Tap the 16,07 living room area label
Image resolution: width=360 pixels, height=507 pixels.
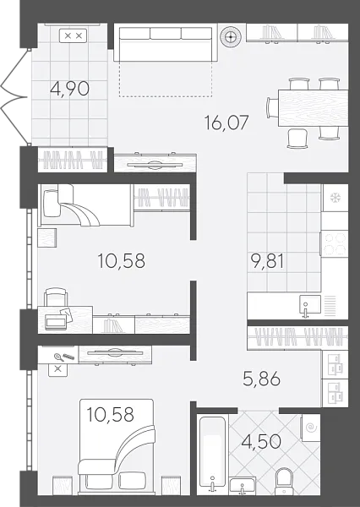[x=226, y=123]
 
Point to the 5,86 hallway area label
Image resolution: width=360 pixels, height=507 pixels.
[x=261, y=381]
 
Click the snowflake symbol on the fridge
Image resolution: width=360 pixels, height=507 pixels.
[x=335, y=198]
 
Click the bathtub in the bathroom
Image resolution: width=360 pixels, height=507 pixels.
[x=211, y=456]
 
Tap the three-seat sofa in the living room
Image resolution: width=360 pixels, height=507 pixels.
[x=165, y=43]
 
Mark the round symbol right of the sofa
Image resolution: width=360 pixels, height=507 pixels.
[x=229, y=37]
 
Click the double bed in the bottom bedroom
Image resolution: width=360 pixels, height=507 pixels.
[x=117, y=451]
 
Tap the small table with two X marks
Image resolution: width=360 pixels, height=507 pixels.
[x=74, y=35]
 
